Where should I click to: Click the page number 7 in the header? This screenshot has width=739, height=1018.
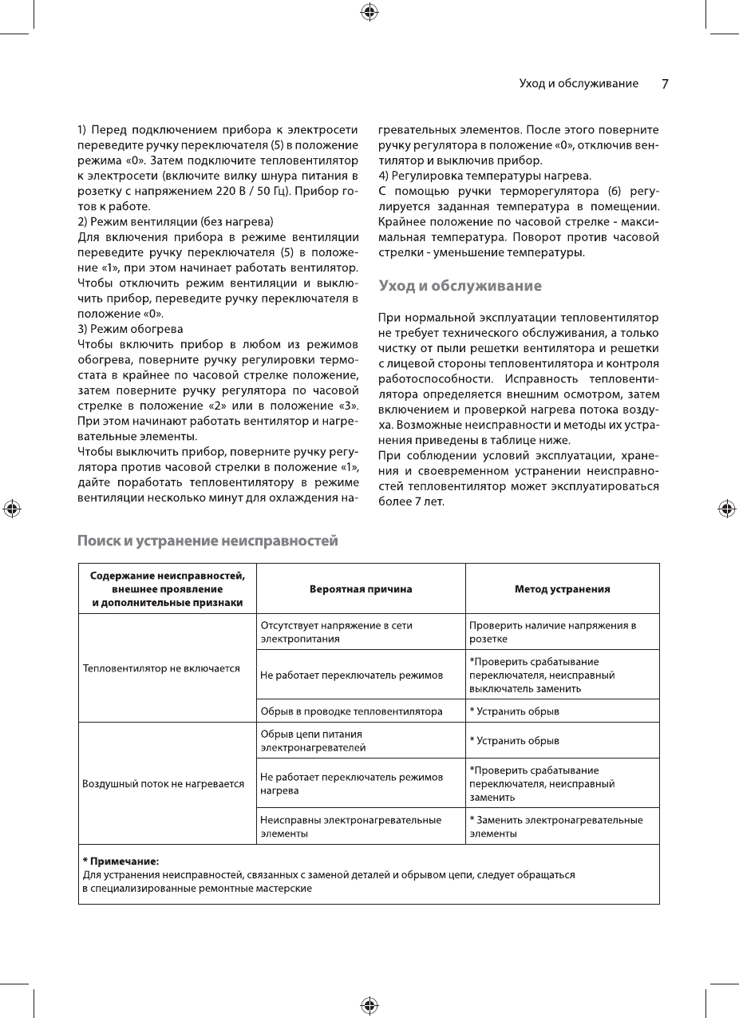click(x=665, y=84)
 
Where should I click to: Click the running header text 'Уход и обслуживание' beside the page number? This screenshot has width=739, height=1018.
click(x=578, y=84)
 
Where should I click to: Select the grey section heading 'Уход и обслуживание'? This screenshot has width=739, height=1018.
click(x=460, y=286)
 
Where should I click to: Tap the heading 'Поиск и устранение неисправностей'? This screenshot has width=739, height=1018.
click(x=207, y=541)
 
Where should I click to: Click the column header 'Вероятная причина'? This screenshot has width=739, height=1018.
click(x=361, y=589)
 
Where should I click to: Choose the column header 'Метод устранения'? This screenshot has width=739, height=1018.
click(x=562, y=589)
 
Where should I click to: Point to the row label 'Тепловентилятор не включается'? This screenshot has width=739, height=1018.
click(x=161, y=668)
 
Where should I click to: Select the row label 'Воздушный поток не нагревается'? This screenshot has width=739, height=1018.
click(x=164, y=783)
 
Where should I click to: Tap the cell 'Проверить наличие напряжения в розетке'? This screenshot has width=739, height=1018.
click(x=552, y=632)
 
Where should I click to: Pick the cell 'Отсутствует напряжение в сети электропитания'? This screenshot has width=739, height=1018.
click(x=337, y=632)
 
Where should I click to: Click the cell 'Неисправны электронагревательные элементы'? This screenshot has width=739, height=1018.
click(x=350, y=826)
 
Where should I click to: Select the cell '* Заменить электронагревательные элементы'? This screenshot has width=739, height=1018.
click(x=555, y=826)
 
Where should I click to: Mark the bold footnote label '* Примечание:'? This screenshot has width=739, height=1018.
click(x=121, y=862)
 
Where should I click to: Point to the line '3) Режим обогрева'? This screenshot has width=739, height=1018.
click(x=130, y=329)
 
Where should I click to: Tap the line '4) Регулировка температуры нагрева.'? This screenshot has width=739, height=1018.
click(x=484, y=175)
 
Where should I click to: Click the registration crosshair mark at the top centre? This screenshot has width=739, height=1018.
click(x=369, y=11)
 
